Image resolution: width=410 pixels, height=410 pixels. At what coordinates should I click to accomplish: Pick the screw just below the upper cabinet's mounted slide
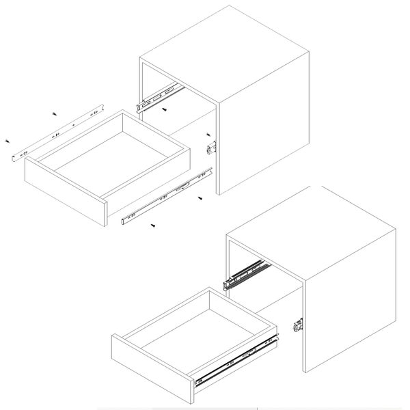coord(165,109)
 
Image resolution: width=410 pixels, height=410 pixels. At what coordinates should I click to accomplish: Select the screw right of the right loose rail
coord(200,197)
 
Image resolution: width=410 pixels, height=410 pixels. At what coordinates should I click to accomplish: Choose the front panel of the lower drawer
coord(150,372)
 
